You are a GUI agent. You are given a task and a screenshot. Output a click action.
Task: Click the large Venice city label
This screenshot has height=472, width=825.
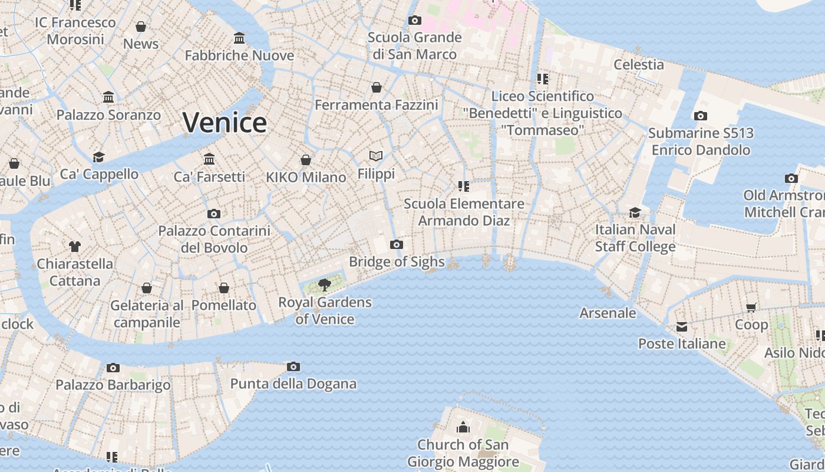225,123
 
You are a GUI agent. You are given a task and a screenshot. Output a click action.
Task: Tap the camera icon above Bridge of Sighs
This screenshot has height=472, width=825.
397,244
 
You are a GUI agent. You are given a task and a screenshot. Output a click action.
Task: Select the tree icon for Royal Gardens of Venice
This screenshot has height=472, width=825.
324,285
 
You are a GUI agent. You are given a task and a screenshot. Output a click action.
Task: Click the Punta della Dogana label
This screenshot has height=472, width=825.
293,384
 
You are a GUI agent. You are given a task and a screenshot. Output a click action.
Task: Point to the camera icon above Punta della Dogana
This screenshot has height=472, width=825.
293,367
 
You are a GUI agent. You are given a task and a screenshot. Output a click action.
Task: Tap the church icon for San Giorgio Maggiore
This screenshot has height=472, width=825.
463,427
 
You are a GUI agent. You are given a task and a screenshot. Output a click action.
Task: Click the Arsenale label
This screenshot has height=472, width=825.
608,313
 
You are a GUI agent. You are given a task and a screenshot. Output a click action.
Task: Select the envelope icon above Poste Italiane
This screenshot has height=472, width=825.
682,327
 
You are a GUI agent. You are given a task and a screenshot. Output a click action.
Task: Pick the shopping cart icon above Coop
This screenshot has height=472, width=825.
751,307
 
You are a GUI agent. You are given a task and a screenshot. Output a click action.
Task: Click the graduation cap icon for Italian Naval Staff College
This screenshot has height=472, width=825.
635,212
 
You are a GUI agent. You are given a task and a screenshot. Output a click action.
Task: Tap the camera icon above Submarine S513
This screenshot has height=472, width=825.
700,116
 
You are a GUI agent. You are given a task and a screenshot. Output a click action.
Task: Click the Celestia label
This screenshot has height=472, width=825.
639,64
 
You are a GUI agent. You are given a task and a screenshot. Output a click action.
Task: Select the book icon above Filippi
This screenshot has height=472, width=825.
376,156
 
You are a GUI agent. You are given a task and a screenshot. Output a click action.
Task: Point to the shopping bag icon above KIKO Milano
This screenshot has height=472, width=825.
305,160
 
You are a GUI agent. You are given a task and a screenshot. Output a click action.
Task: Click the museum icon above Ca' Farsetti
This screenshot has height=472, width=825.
209,159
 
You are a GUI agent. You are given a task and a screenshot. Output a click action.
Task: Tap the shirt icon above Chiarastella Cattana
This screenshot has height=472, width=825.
74,246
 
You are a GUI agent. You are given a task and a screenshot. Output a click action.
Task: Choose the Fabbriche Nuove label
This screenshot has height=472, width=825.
239,55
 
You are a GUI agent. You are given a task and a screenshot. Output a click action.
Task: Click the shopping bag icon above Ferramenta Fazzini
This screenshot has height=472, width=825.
377,88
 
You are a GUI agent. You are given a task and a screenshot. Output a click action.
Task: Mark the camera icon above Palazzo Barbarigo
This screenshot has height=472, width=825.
113,368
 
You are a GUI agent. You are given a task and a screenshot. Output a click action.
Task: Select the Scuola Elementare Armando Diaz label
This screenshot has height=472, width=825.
464,212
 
